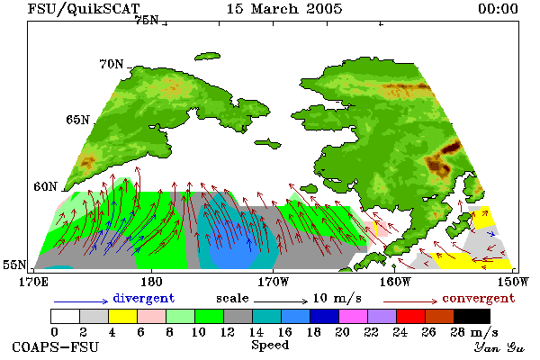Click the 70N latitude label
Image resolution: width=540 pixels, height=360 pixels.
pyautogui.click(x=112, y=64)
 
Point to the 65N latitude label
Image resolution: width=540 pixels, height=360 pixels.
pyautogui.click(x=77, y=120)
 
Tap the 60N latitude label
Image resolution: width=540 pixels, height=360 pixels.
pyautogui.click(x=45, y=186)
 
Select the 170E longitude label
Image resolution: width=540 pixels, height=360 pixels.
pyautogui.click(x=34, y=282)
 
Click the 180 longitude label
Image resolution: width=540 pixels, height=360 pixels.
pyautogui.click(x=151, y=282)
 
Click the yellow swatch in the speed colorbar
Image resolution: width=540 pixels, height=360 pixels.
pyautogui.click(x=122, y=316)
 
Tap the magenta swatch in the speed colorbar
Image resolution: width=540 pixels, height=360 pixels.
pyautogui.click(x=353, y=316)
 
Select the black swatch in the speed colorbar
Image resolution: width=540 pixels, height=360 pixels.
pyautogui.click(x=472, y=316)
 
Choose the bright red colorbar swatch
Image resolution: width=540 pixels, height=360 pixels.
pyautogui.click(x=410, y=316)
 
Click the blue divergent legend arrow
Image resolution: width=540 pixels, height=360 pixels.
pyautogui.click(x=81, y=301)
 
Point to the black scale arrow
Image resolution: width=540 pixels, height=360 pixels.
pyautogui.click(x=281, y=301)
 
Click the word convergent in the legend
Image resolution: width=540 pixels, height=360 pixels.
pyautogui.click(x=479, y=298)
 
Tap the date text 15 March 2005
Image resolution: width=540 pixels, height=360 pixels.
pyautogui.click(x=284, y=9)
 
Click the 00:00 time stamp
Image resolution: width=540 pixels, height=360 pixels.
pyautogui.click(x=498, y=9)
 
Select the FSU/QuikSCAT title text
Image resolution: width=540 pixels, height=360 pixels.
pyautogui.click(x=84, y=9)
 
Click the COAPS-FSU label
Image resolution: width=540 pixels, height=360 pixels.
pyautogui.click(x=55, y=346)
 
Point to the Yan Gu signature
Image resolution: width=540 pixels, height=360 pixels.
pyautogui.click(x=499, y=347)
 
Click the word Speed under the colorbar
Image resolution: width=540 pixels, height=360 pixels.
pyautogui.click(x=270, y=346)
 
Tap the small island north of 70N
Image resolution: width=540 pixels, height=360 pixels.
pyautogui.click(x=207, y=57)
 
